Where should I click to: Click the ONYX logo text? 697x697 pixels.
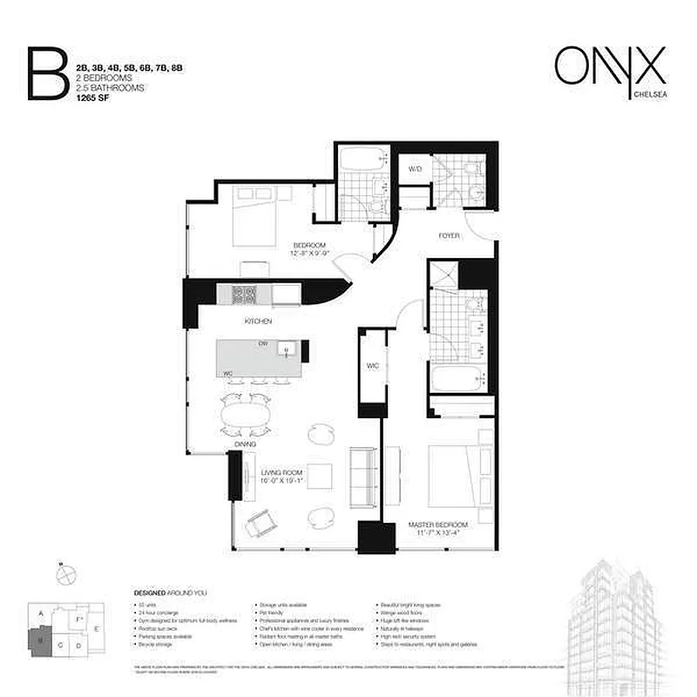[x=610, y=64]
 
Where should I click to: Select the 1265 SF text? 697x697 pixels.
[x=93, y=98]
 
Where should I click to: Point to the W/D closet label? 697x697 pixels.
[x=416, y=169]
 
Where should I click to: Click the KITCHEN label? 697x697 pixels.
[x=259, y=322]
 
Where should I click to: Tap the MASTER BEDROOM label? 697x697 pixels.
[x=438, y=524]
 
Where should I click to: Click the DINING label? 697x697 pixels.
[x=245, y=444]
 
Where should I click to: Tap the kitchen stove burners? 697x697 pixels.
[x=243, y=294]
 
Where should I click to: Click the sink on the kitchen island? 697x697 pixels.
[x=287, y=350]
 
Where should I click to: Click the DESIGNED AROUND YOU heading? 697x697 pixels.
[x=171, y=592]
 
